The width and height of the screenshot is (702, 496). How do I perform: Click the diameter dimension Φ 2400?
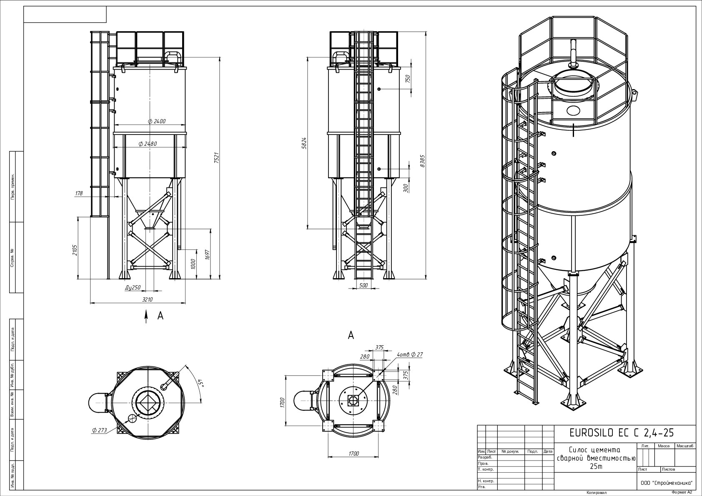point(157,121)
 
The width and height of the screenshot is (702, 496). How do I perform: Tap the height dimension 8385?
point(422,160)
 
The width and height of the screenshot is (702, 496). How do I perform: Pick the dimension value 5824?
point(304,143)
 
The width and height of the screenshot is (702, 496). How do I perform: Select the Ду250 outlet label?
point(133,287)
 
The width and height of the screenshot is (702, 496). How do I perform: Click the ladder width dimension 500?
point(364,285)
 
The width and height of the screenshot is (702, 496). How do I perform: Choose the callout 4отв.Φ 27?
point(410,354)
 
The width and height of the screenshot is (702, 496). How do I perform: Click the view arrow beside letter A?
point(146,316)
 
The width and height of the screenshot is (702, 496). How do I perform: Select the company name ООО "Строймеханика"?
point(667,483)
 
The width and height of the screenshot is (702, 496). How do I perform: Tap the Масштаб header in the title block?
point(684,446)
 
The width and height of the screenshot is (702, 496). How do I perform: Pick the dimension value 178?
point(78,193)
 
